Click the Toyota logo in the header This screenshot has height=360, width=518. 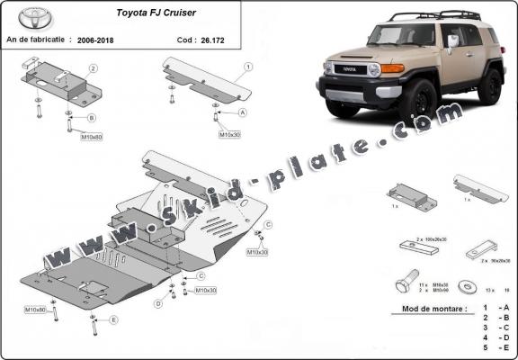35,17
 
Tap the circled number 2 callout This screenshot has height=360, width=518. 93,68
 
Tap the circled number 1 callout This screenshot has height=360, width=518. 248,67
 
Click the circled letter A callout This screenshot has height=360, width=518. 243,112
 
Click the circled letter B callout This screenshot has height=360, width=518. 92,117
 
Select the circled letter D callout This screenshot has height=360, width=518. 158,304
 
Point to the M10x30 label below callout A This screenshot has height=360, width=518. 230,134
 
